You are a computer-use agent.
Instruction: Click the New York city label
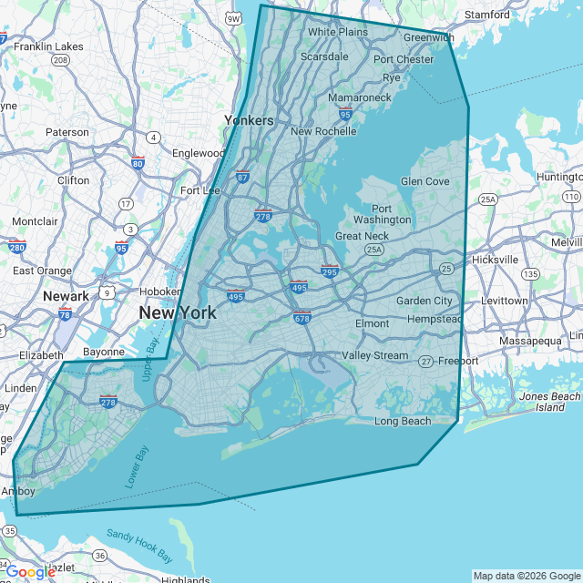(x=178, y=313)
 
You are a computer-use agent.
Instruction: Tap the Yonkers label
(x=249, y=120)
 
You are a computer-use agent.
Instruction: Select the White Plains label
(x=337, y=32)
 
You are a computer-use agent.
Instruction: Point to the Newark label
(x=66, y=296)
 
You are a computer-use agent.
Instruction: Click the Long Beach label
(x=403, y=421)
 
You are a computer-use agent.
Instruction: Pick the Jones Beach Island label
(x=549, y=402)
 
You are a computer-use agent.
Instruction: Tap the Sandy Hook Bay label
(x=139, y=544)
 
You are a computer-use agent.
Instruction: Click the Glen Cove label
(x=424, y=181)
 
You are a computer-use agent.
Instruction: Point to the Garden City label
(x=424, y=301)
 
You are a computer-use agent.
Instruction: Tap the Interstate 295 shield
(x=330, y=271)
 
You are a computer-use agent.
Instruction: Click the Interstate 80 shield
(x=137, y=164)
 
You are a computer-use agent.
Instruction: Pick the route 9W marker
(x=233, y=17)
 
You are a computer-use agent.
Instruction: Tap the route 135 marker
(x=530, y=273)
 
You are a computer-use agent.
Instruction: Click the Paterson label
(x=67, y=132)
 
